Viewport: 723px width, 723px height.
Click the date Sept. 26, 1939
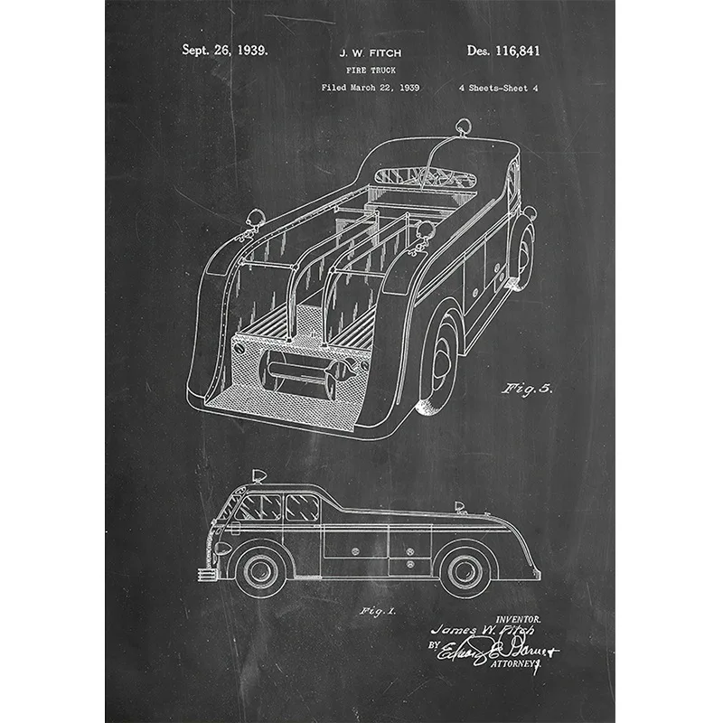tap(224, 51)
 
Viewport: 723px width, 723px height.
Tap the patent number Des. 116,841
tap(503, 51)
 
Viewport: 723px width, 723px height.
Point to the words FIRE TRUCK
tap(369, 70)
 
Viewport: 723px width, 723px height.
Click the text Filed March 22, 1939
tap(370, 88)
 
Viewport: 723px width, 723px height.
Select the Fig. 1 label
tap(378, 612)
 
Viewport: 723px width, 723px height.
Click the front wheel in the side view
tap(261, 569)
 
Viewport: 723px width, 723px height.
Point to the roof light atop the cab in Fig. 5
tap(462, 128)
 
